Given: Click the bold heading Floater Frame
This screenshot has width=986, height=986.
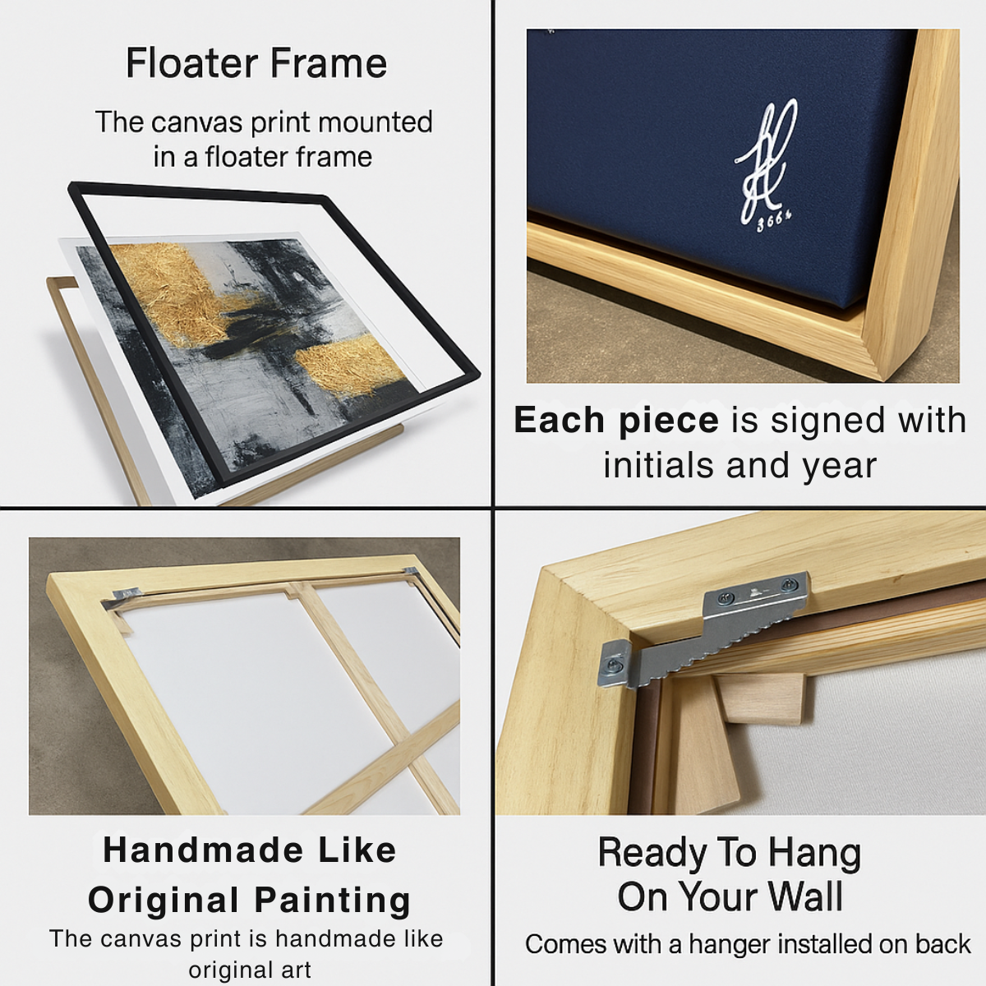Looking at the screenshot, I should [x=256, y=63].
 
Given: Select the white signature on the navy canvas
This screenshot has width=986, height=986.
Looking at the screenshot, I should [x=766, y=160].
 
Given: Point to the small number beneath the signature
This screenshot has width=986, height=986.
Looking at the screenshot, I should [x=773, y=220].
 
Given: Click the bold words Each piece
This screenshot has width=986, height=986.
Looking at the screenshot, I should [x=616, y=420].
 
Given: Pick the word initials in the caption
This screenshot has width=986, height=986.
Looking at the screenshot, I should [x=657, y=465].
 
